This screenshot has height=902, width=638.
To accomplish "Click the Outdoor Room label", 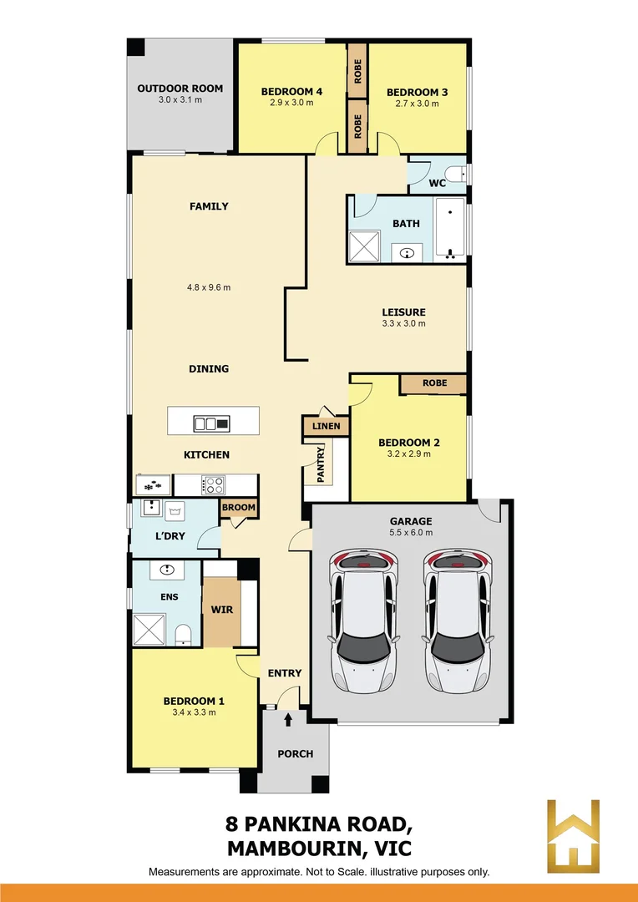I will pos(180,89).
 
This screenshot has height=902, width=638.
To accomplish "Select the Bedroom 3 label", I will pos(417,92).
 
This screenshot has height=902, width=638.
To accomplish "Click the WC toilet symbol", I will pos(454,175).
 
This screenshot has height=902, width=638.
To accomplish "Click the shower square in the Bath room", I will pos(364,246).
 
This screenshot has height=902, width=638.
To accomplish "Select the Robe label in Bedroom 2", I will pos(434,383).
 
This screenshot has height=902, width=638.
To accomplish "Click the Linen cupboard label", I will pos(326,426).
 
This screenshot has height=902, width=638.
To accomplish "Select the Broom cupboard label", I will pos(239,507).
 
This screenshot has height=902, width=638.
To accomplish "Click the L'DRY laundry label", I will pos(169,534).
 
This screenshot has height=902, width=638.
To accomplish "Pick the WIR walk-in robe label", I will pos(221,609).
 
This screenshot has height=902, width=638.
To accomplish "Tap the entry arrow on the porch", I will pos(289,718).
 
